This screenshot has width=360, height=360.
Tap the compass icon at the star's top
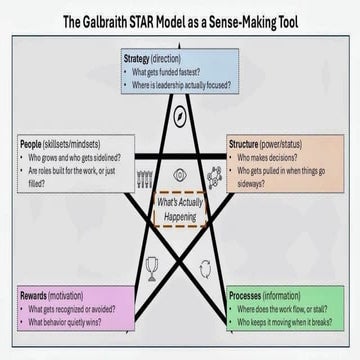[180, 112]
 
